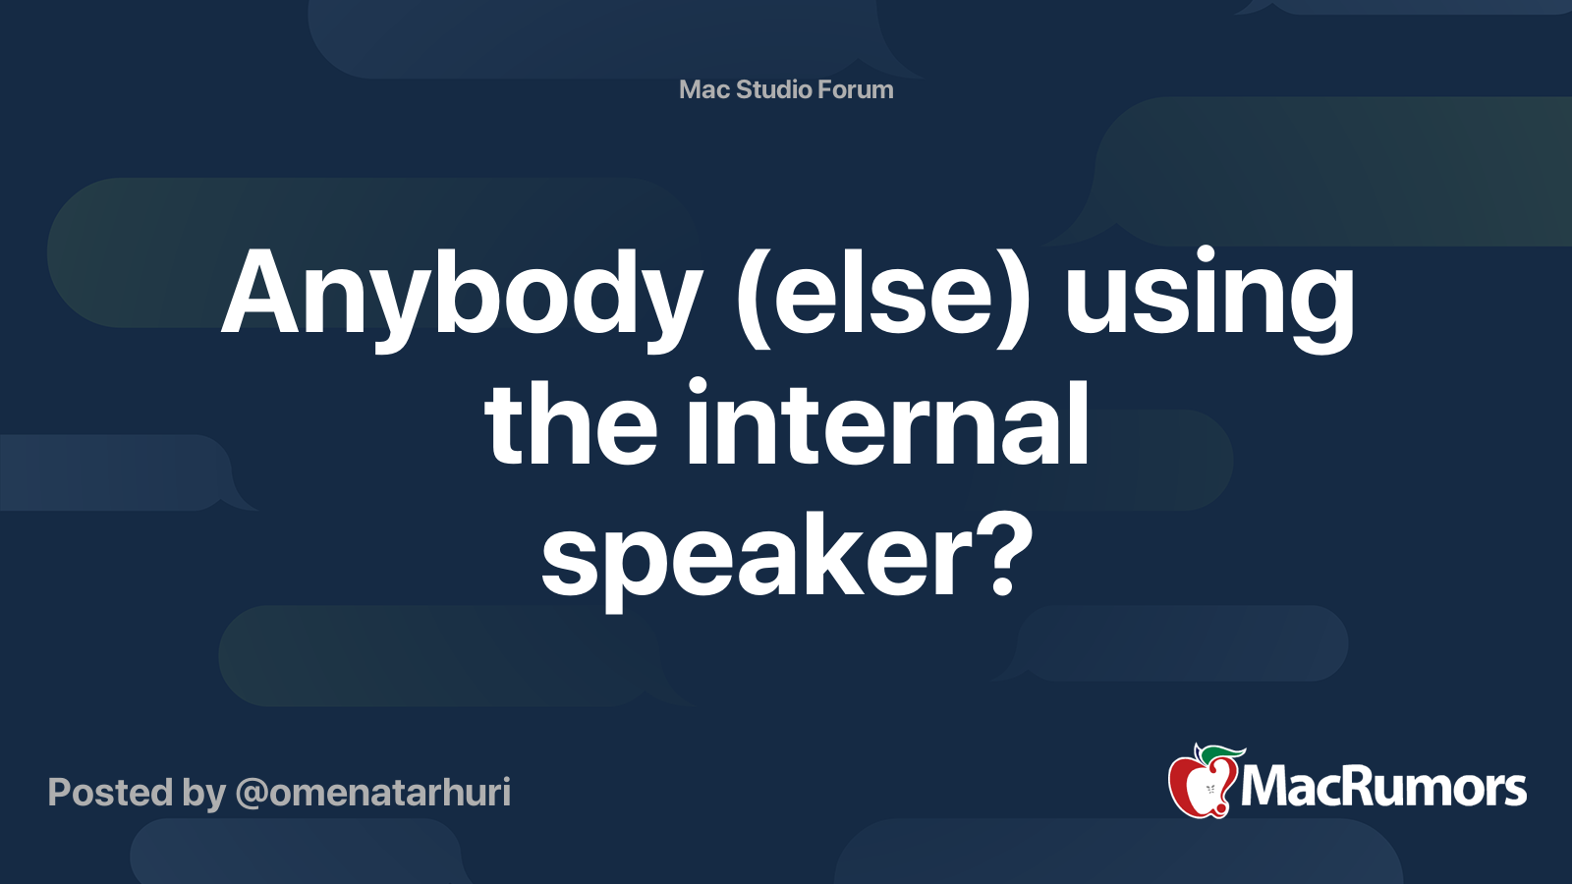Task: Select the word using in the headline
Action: [x=1209, y=295]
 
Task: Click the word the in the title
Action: [x=571, y=425]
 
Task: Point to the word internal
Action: [x=887, y=425]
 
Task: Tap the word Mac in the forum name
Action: [x=703, y=89]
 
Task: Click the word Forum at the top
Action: [x=856, y=89]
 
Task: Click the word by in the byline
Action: [x=203, y=794]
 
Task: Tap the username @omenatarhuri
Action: [x=373, y=793]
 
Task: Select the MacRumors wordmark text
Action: [x=1383, y=788]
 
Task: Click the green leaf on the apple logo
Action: [x=1223, y=753]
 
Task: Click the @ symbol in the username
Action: [x=252, y=794]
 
